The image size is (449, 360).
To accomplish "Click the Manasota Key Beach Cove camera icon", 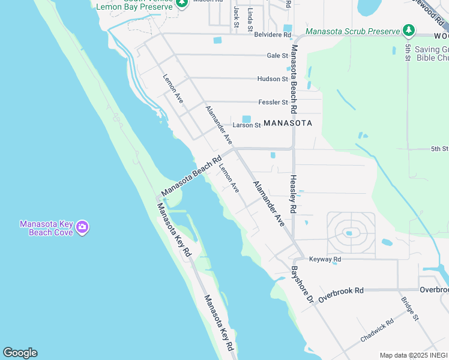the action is pos(82,227).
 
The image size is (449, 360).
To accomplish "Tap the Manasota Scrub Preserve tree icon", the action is pos(409,29).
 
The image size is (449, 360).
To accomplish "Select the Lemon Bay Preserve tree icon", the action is pos(182,3).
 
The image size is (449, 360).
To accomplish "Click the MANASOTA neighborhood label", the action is pos(288,123).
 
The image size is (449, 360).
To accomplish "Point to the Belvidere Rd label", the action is pos(272,35).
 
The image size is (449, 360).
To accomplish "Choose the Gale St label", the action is pos(277,55).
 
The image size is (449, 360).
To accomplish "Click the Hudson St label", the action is pos(273,79).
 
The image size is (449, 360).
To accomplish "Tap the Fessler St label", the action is pos(273,102).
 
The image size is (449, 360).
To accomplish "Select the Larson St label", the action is pos(247,125).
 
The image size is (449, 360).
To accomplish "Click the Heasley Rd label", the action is pos(294,194).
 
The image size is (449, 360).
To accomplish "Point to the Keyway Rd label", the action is pos(325,259).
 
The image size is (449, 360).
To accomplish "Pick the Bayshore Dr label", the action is pos(302,284).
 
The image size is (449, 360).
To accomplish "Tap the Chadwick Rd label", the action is pos(377,330).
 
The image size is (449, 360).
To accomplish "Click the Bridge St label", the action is pos(409,308).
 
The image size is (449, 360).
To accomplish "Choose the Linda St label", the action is pos(250,19).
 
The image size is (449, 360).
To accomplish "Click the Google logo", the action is pos(20,353).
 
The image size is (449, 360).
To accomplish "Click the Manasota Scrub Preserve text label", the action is pos(352,31).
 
